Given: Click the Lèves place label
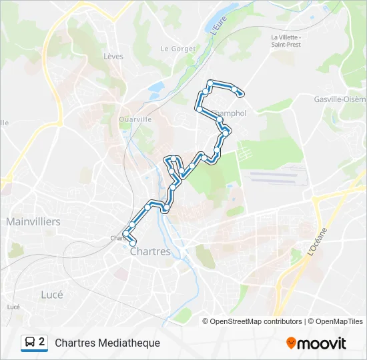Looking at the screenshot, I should [x=113, y=57].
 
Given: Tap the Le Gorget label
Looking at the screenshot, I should [x=178, y=49].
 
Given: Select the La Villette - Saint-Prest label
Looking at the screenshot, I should [x=287, y=41].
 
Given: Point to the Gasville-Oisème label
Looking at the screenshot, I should [x=340, y=99].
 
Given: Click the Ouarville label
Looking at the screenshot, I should [x=135, y=119].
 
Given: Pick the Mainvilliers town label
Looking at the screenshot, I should [x=33, y=221].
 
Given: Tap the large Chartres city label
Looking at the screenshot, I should [x=150, y=252].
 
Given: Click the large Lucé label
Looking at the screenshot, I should [x=51, y=294].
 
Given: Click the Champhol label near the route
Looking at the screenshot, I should [x=230, y=113].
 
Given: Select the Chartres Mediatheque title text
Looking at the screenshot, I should [x=107, y=343].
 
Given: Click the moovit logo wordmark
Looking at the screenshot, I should [x=322, y=343].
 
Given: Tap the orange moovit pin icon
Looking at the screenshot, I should [x=291, y=343].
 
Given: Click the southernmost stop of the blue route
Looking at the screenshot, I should [x=132, y=243].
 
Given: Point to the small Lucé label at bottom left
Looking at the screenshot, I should [x=13, y=307].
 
